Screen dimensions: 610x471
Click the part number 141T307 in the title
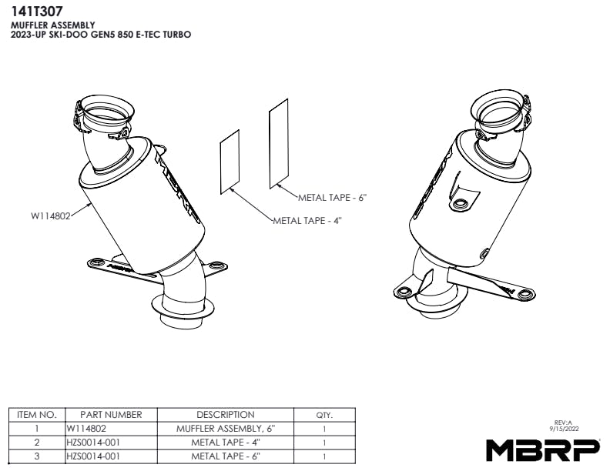pos(36,12)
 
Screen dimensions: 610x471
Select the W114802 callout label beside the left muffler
pos(51,216)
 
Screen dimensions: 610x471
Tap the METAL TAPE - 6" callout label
pos(333,198)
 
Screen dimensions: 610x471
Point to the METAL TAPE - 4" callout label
pos(307,221)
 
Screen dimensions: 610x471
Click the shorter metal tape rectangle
pos(230,162)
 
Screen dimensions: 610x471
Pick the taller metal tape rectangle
pos(279,143)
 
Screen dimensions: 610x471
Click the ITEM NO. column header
pos(37,415)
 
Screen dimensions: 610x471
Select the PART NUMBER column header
pos(111,415)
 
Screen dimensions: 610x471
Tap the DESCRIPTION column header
pos(226,415)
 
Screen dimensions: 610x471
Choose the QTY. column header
pos(324,415)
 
